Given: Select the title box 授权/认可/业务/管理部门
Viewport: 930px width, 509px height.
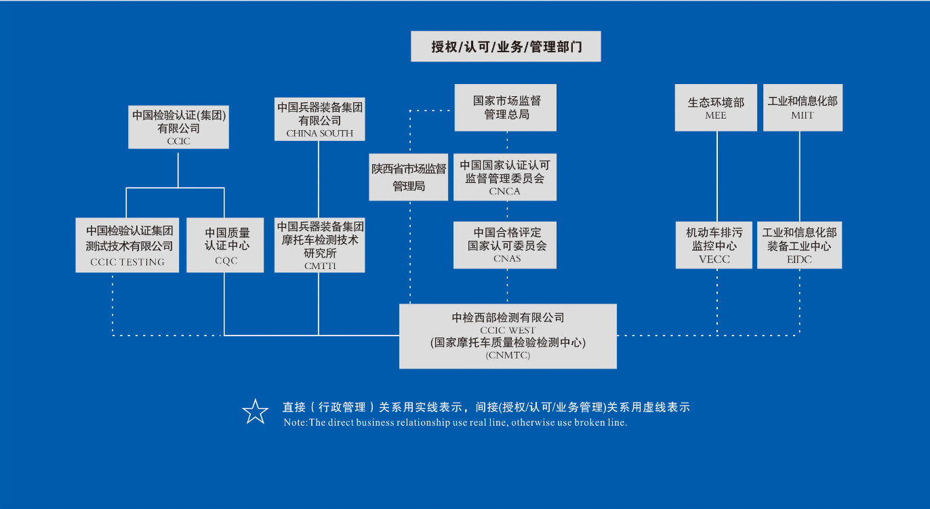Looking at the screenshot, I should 506,47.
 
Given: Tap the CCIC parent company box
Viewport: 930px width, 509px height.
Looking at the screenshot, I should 178,127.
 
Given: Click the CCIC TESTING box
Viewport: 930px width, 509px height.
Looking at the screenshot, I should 127,245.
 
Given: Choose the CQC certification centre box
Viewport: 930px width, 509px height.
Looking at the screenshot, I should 225,245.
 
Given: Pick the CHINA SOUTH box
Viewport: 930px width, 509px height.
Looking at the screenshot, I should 319,119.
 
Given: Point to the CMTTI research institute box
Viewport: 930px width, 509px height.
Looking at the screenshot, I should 319,245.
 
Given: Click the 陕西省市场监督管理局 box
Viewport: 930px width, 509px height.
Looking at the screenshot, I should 408,178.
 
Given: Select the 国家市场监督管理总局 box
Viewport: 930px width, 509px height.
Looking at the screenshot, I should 506,107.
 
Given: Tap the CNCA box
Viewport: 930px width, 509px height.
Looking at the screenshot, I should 505,178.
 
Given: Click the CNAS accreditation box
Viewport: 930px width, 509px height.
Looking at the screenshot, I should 505,245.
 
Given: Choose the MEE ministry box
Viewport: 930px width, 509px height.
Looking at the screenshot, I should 716,107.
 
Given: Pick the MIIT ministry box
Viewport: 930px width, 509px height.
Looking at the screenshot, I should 803,107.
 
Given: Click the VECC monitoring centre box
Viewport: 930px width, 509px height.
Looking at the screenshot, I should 714,245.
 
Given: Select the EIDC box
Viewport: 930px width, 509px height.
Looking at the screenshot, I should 799,245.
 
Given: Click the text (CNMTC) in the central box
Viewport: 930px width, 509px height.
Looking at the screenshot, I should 508,355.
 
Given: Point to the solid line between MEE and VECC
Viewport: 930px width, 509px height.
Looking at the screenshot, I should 716,176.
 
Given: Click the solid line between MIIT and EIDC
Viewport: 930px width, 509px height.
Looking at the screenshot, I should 800,176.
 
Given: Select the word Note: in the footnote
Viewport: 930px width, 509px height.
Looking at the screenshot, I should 296,422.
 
